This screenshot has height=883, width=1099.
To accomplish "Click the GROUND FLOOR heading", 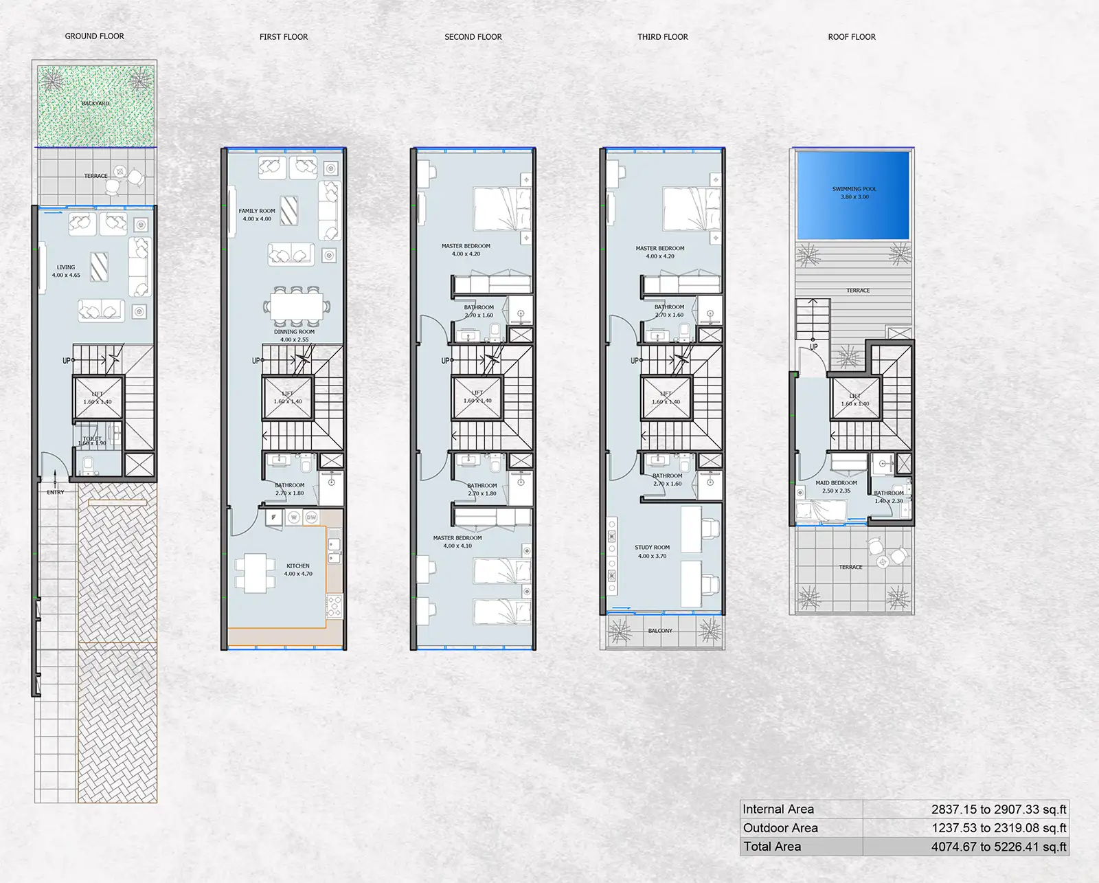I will (94, 36).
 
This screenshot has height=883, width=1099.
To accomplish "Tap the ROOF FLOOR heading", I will (852, 37).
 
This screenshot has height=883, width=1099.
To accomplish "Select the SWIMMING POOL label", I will (854, 189).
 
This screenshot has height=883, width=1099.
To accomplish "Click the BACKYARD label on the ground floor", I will (95, 104).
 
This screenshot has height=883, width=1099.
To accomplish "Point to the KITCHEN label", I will (298, 566).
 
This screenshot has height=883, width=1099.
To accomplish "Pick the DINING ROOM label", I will (294, 332).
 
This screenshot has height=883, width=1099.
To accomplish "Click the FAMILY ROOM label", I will (257, 212).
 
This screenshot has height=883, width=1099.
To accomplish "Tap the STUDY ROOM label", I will (652, 548).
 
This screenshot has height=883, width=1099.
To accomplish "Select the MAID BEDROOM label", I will (836, 483).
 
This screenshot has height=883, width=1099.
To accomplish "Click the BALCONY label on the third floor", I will (660, 631).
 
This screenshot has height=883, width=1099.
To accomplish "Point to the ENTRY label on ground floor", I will (56, 492).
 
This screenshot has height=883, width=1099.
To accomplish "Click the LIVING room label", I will (66, 267).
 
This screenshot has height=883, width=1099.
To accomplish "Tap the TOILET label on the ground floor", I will (92, 438).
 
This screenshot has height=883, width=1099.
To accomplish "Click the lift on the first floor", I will (288, 399).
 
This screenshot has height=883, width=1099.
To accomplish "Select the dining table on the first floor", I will (296, 306).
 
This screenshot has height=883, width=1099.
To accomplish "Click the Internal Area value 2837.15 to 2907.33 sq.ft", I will (999, 809).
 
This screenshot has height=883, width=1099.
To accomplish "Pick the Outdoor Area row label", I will (780, 828).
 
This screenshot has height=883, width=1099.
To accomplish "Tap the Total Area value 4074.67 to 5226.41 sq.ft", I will (999, 847).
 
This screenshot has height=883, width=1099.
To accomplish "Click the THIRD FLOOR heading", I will (662, 37).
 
